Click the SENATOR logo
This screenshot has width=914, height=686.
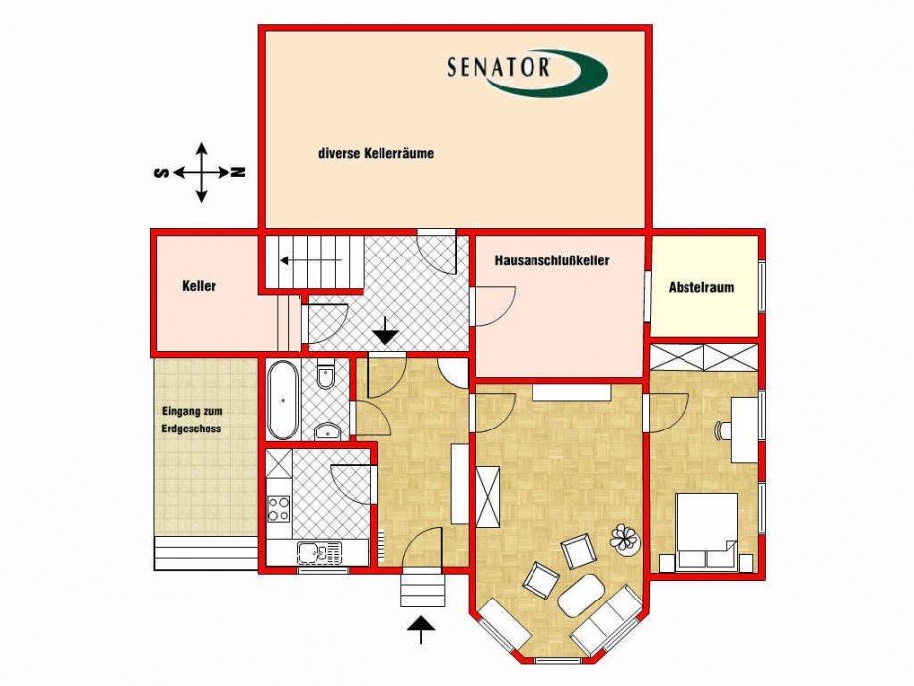(526, 72)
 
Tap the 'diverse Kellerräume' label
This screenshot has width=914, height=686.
(377, 154)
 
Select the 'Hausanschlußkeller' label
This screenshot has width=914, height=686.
(551, 260)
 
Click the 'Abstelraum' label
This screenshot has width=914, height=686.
(701, 288)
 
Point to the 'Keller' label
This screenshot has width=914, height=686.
(199, 286)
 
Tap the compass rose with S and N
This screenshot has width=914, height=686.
(201, 172)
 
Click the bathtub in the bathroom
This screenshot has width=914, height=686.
(283, 400)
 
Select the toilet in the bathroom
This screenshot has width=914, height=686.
(326, 378)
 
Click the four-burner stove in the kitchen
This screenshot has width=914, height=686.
(278, 509)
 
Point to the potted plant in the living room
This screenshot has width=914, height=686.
(625, 538)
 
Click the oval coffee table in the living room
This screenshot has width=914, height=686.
(582, 595)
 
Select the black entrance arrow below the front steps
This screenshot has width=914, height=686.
(421, 629)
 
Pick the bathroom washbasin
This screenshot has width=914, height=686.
(327, 431)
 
